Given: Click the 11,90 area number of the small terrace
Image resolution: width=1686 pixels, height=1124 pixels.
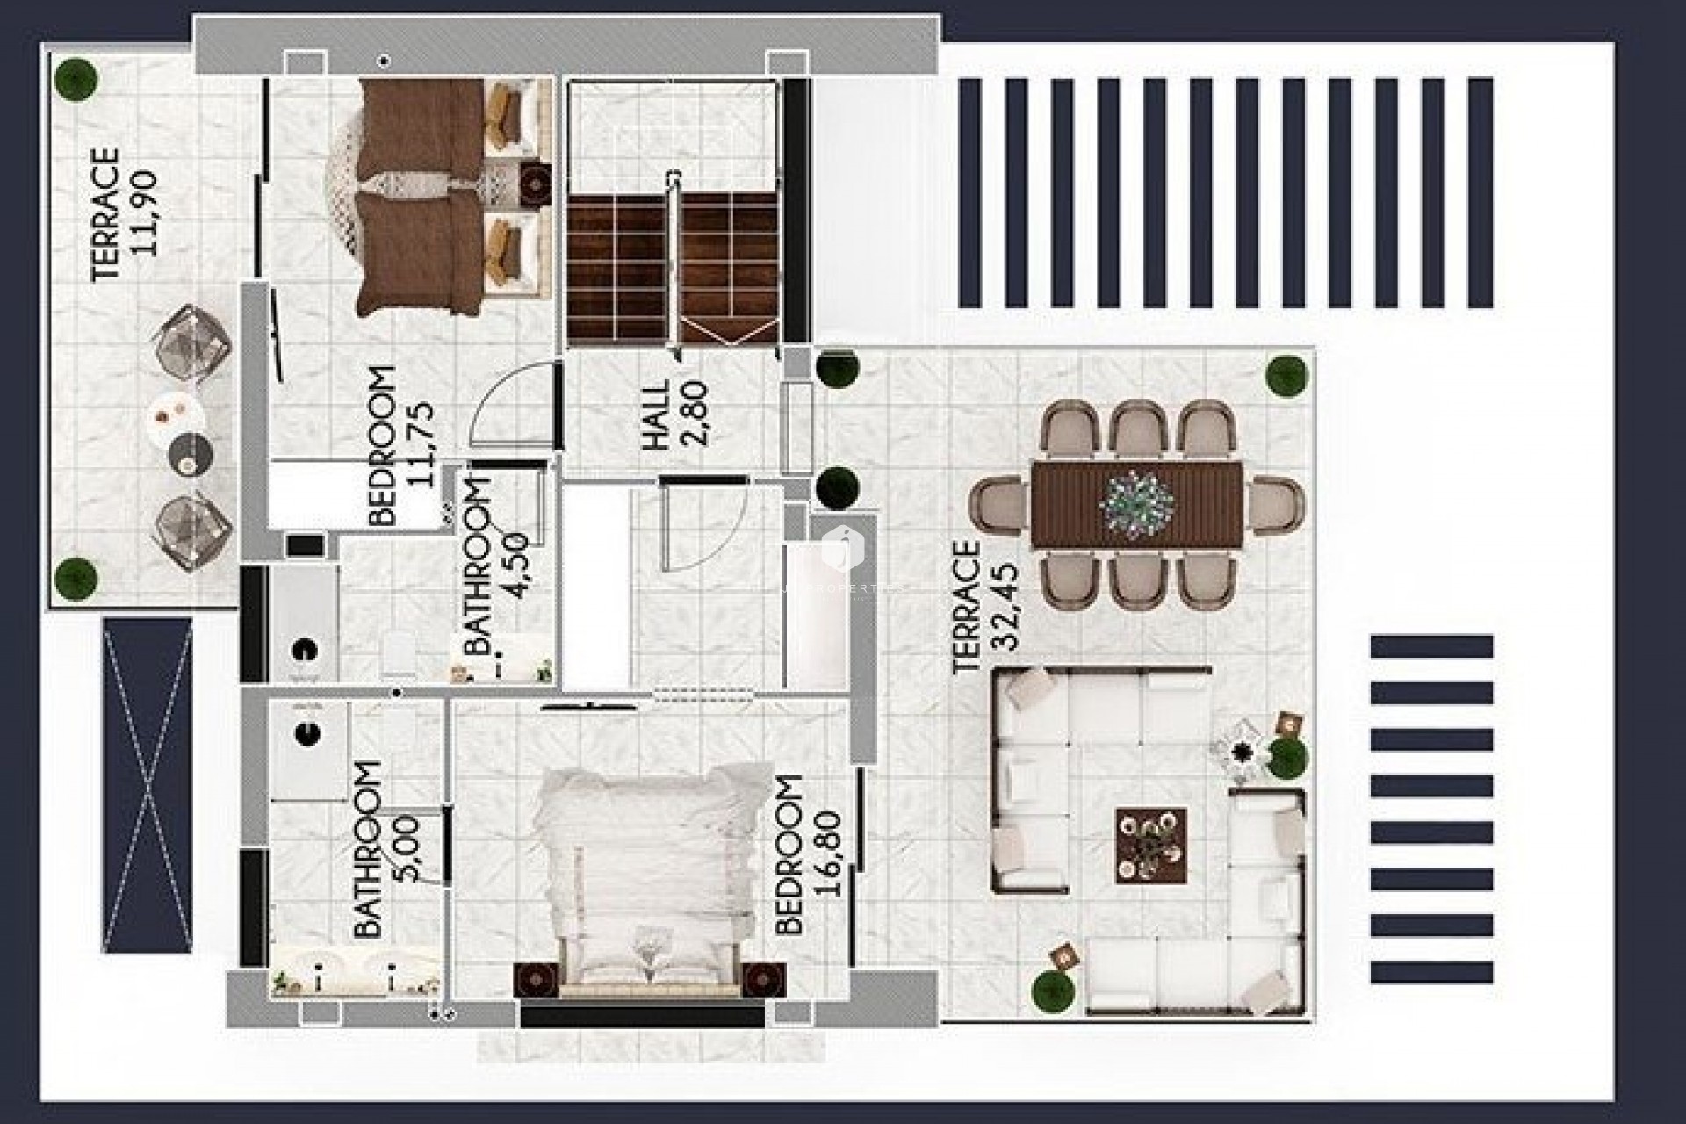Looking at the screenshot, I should point(145,213).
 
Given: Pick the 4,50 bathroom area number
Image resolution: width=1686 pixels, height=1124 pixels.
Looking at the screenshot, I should point(518,566).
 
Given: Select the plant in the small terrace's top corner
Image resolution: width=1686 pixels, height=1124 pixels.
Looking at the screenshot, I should point(76,77).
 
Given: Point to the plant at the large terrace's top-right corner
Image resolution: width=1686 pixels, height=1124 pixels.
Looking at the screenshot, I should point(1287,376).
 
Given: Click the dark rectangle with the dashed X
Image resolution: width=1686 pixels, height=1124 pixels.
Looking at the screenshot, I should point(147,785).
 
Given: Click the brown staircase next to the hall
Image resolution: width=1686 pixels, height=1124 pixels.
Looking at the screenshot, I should point(673,269).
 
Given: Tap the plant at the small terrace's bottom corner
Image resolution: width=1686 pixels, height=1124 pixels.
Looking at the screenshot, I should point(76,577).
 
